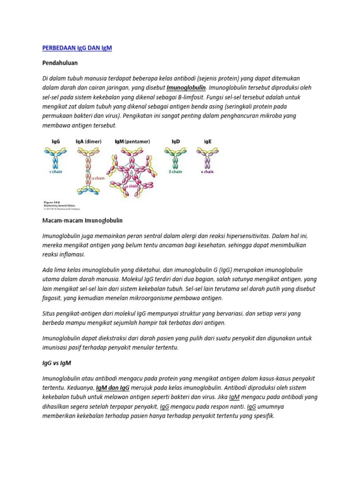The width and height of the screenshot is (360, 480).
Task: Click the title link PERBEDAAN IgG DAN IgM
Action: pyautogui.click(x=77, y=48)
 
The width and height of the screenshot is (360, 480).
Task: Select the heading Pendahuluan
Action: pyautogui.click(x=60, y=62)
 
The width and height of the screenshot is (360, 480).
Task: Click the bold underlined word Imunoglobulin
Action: pyautogui.click(x=187, y=88)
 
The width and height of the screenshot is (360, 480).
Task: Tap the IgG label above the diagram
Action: pyautogui.click(x=55, y=141)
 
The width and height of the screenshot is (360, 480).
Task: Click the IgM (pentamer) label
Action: pyautogui.click(x=133, y=141)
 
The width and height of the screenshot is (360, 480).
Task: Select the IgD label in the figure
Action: pyautogui.click(x=176, y=141)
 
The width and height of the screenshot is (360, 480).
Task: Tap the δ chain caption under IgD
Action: pyautogui.click(x=175, y=172)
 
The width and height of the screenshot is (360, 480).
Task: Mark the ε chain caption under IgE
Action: pyautogui.click(x=207, y=172)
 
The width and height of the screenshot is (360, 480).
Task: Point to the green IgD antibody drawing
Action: pyautogui.click(x=176, y=157)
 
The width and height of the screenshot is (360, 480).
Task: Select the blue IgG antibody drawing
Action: pyautogui.click(x=56, y=157)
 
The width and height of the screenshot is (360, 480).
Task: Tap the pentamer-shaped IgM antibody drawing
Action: pyautogui.click(x=132, y=171)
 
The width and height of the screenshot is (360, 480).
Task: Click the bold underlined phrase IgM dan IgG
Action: pyautogui.click(x=112, y=388)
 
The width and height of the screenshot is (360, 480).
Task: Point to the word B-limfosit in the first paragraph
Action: pyautogui.click(x=168, y=97)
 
